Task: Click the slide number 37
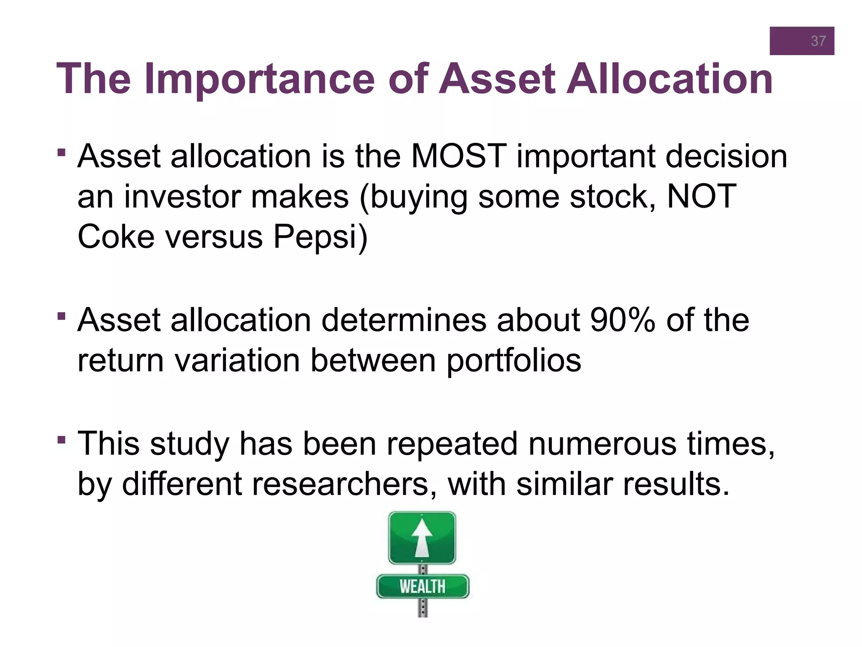tap(818, 41)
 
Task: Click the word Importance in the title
tap(259, 79)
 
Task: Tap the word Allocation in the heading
tap(669, 79)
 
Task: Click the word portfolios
tap(513, 361)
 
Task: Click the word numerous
tap(602, 444)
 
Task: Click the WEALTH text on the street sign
tap(422, 586)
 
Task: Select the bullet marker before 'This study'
tap(61, 440)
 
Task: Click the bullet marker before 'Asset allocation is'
tap(61, 152)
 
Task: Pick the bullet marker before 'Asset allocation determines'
tap(61, 316)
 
